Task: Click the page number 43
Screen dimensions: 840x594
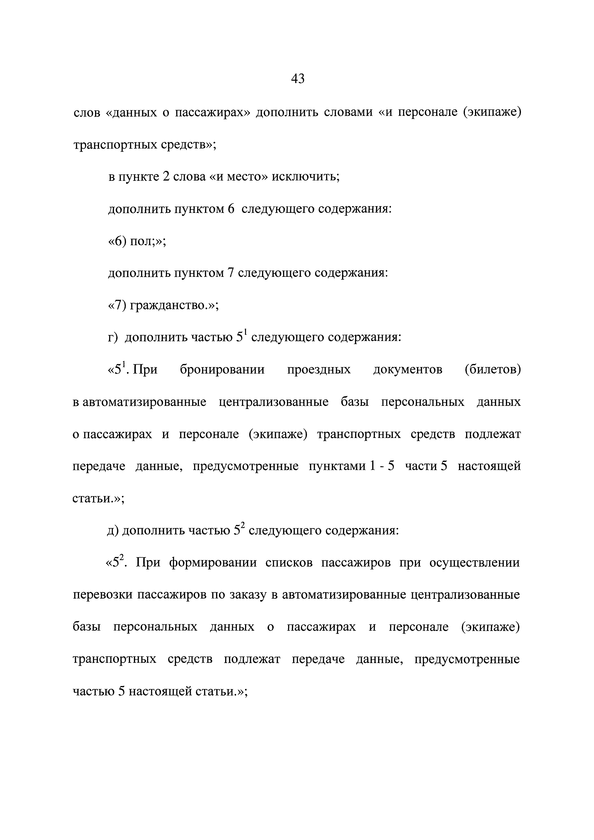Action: point(297,79)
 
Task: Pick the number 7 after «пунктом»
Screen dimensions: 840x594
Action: point(231,273)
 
